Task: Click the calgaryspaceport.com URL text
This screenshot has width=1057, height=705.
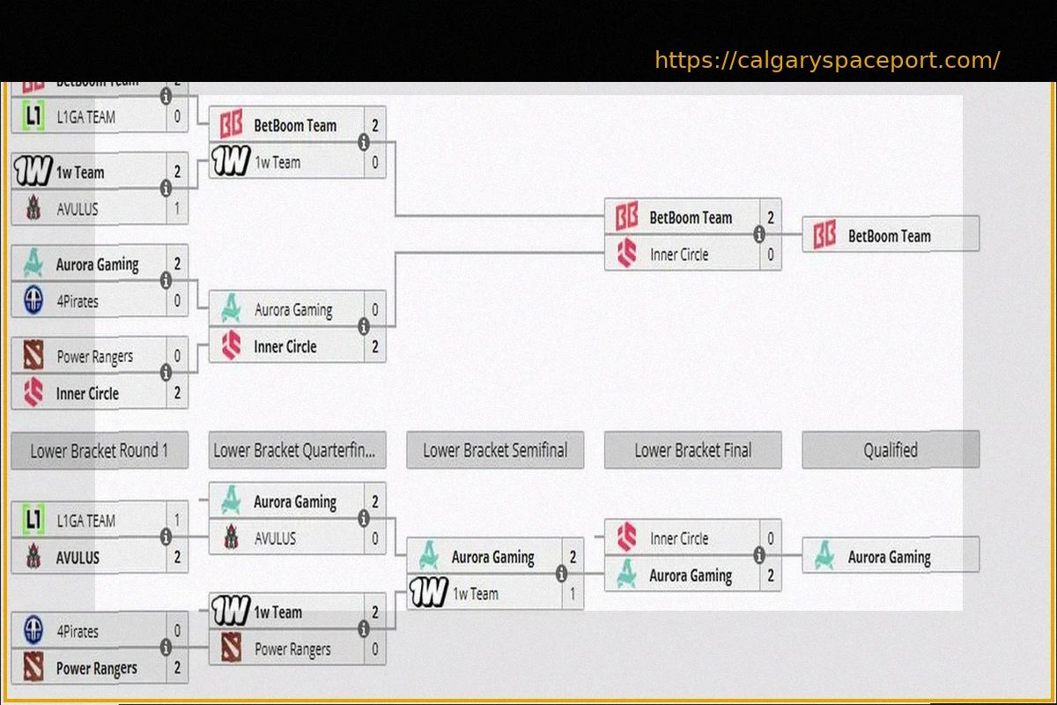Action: [827, 61]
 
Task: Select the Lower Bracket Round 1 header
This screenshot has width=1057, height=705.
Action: [99, 451]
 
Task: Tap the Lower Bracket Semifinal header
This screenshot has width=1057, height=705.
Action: [495, 451]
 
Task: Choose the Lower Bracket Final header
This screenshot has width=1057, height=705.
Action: [692, 451]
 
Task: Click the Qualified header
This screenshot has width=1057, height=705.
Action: [890, 451]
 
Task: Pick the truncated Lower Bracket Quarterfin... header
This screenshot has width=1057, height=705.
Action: [297, 451]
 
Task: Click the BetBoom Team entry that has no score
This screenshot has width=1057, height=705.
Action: [889, 236]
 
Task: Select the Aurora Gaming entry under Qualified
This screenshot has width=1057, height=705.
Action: [889, 557]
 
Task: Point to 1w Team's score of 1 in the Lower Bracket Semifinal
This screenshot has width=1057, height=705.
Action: [573, 594]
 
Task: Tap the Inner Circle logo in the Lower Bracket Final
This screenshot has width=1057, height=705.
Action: [627, 538]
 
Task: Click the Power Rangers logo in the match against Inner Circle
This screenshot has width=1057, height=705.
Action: [33, 356]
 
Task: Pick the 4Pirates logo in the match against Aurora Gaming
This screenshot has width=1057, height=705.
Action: [33, 301]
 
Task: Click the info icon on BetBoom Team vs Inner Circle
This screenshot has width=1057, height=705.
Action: [758, 234]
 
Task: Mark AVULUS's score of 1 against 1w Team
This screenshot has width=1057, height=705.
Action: [177, 210]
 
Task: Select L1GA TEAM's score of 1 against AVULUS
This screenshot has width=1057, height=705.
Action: [177, 521]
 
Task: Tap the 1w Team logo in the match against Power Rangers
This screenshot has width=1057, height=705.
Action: [231, 612]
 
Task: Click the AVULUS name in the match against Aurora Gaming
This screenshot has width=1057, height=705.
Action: [275, 538]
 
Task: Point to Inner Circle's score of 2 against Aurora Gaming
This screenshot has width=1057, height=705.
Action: [375, 347]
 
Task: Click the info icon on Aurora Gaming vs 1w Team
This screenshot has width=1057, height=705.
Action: [561, 575]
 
